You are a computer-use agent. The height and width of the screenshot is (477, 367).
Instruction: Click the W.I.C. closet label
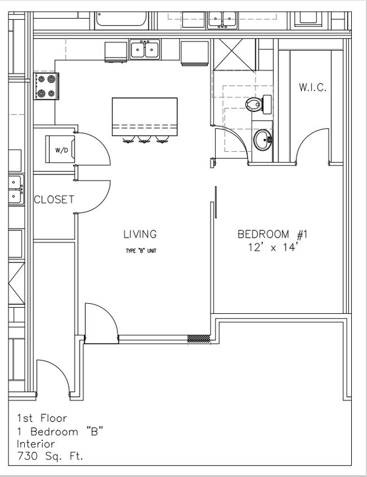tap(312, 87)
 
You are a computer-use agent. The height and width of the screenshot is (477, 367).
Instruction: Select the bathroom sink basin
tap(262, 139)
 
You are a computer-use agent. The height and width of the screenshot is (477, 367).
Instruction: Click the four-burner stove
tap(46, 86)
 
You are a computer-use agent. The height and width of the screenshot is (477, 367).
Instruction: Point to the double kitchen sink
tap(145, 50)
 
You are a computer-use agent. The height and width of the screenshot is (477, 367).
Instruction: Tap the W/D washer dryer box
tap(60, 150)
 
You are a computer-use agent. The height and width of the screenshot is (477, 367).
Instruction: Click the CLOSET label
tap(54, 199)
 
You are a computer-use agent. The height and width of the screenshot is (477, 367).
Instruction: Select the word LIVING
tap(140, 234)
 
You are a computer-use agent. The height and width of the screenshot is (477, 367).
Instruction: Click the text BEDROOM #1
tap(272, 234)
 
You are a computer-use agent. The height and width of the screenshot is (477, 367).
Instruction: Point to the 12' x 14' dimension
tap(272, 247)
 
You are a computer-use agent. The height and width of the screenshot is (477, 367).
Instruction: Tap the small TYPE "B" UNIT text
tap(141, 251)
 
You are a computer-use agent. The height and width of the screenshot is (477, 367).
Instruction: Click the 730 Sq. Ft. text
tap(50, 456)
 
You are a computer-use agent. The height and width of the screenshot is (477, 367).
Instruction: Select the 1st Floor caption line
tap(42, 418)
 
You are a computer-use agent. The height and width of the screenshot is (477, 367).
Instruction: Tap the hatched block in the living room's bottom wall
tap(198, 339)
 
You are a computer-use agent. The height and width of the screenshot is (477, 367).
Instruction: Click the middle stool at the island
tap(145, 139)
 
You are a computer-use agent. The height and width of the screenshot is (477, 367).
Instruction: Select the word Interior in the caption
tap(36, 444)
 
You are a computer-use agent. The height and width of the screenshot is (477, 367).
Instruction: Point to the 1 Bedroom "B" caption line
tap(59, 431)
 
